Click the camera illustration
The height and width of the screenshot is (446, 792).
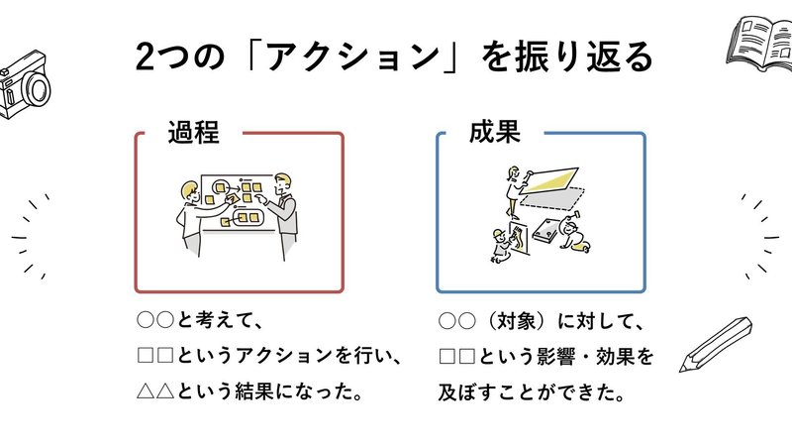click(22, 87)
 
